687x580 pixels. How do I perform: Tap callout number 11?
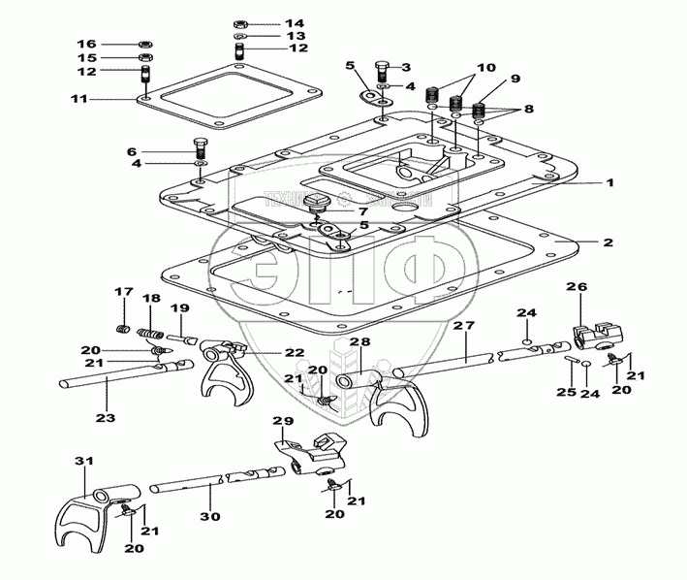(79, 99)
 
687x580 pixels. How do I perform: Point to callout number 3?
(406, 67)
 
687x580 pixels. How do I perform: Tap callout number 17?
(123, 292)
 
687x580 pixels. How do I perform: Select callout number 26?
(577, 287)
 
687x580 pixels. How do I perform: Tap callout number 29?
(282, 422)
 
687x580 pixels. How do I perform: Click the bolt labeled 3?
(381, 69)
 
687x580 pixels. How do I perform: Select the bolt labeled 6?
(202, 148)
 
